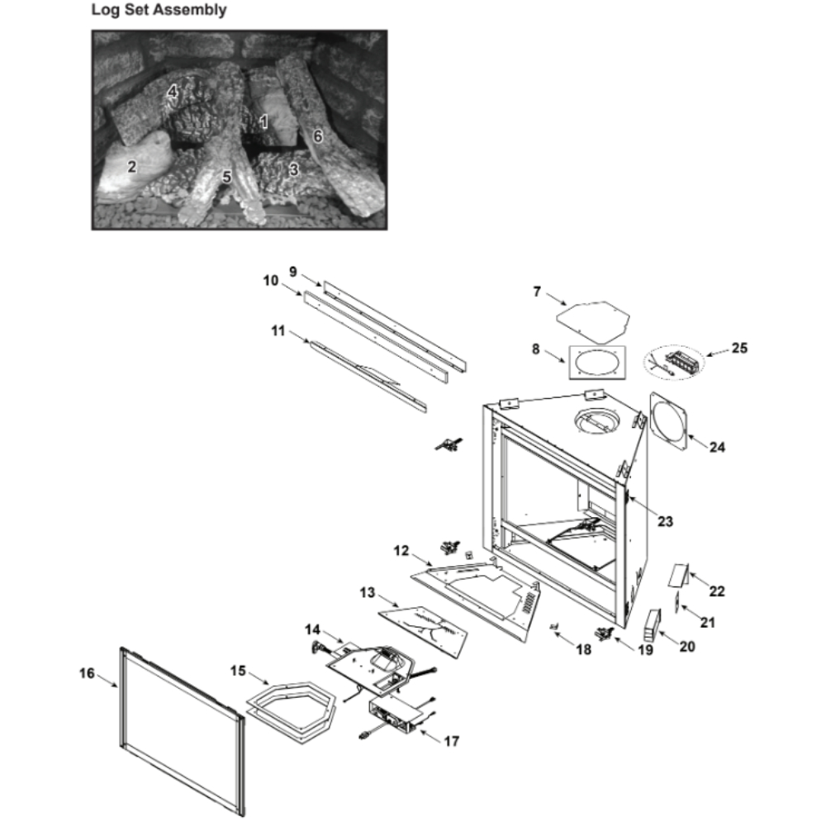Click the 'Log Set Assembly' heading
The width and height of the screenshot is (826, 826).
coord(159,11)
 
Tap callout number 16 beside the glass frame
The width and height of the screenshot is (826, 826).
coord(87,672)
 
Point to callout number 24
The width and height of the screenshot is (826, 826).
coord(717,447)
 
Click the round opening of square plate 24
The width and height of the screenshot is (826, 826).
coord(669,421)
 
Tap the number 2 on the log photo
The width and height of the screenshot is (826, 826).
coord(131,166)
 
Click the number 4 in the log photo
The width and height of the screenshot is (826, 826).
coord(173,92)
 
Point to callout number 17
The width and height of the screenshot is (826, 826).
coord(451,741)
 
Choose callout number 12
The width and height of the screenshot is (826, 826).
coord(401,549)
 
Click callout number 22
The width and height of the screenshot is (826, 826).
coord(716,591)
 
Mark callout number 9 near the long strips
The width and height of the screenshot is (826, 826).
coord(292,271)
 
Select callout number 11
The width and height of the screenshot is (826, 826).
coord(278,331)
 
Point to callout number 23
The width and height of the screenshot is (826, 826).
coord(665,521)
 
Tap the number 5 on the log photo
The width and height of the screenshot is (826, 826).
coord(226,176)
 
